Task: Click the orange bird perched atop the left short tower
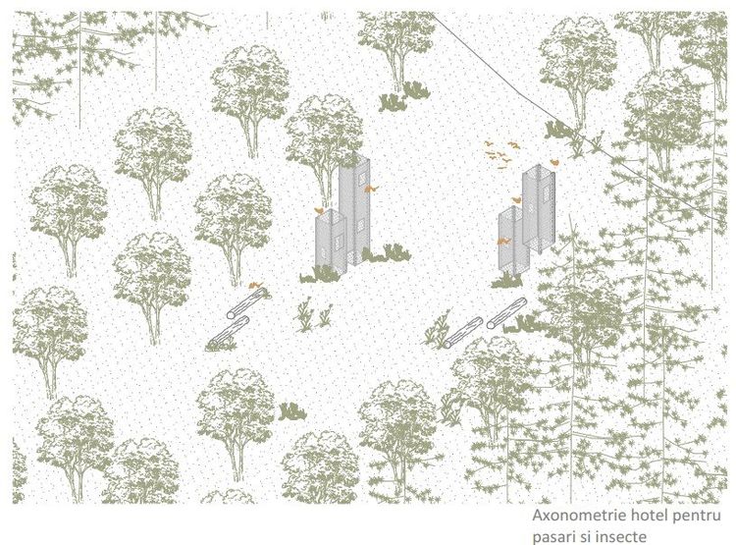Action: pyautogui.click(x=319, y=210)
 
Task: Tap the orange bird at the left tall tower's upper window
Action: pyautogui.click(x=369, y=189)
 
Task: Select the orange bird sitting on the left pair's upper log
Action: pyautogui.click(x=255, y=285)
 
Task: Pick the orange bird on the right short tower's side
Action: pyautogui.click(x=503, y=241)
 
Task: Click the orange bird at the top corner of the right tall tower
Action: pyautogui.click(x=554, y=162)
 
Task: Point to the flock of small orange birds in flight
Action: pyautogui.click(x=501, y=152)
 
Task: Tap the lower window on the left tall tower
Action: pyautogui.click(x=361, y=229)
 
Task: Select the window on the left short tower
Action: pyautogui.click(x=338, y=240)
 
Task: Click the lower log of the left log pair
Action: pyautogui.click(x=230, y=331)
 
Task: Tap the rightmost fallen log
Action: pyautogui.click(x=506, y=313)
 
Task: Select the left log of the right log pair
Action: pyautogui.click(x=463, y=333)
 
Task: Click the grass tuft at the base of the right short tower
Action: pyautogui.click(x=507, y=281)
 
